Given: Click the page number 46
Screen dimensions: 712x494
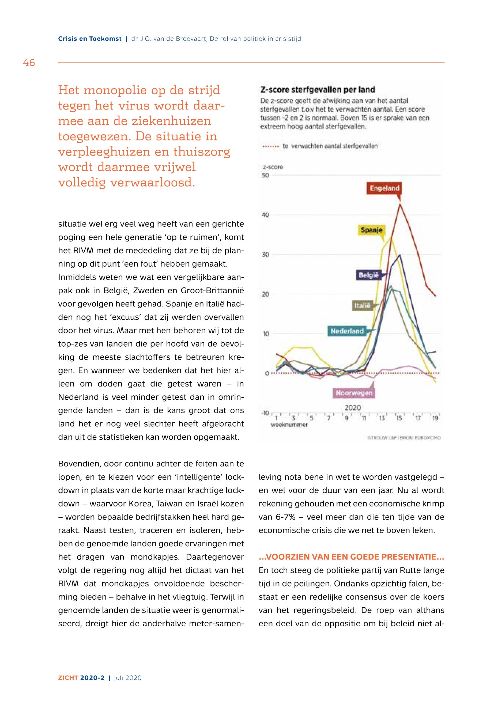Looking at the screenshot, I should (29, 63).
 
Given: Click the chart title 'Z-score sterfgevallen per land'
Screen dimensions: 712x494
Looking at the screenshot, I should (318, 90).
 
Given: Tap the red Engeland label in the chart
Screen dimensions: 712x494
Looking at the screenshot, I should (384, 188).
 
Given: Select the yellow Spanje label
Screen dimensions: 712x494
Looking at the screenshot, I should (371, 230).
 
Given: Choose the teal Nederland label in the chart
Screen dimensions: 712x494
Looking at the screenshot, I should (347, 331).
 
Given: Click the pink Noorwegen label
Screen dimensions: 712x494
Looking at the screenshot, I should (354, 393).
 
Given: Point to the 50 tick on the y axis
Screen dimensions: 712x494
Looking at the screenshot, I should (266, 175).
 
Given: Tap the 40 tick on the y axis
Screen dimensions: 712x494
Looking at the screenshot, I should (266, 215).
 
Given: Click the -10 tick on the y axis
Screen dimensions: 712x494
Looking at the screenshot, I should (265, 413).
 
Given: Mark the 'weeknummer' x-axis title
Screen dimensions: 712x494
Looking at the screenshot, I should (289, 425).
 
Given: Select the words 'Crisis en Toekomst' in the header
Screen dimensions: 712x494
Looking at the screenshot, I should (90, 39).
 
